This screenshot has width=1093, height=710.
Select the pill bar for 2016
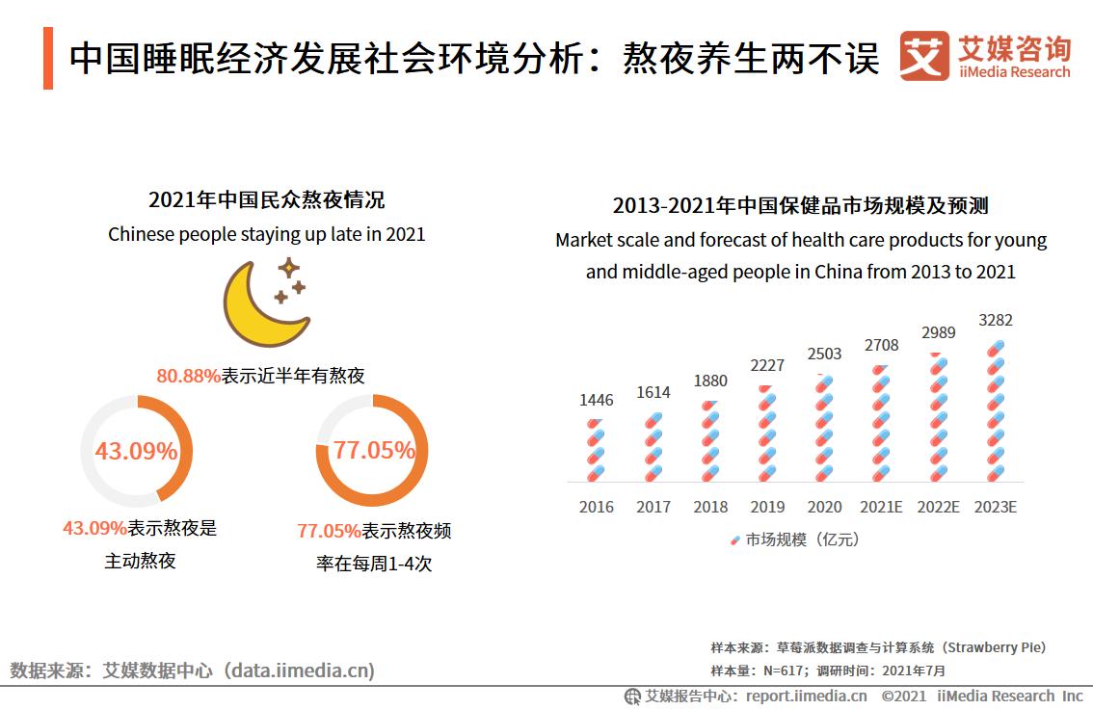coord(596,451)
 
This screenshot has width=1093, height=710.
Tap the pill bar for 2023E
coord(996,411)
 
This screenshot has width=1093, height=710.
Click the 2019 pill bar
coord(767,434)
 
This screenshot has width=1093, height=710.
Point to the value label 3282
coord(996,321)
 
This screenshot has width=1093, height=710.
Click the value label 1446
coord(596,400)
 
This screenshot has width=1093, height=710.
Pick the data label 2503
coord(824,354)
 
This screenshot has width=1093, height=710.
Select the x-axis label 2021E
coord(881,507)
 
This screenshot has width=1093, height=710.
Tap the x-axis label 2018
coord(710,507)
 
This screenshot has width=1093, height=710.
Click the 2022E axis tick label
coord(938,507)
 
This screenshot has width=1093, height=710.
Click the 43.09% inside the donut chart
coord(136,451)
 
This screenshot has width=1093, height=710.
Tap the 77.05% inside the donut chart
coord(374,450)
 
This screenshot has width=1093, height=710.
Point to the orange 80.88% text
coord(189,376)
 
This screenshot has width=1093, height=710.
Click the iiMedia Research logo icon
coord(923,57)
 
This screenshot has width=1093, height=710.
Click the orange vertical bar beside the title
coord(48,58)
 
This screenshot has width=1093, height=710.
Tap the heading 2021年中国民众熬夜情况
coord(266,200)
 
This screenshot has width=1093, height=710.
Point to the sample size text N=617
coord(786,671)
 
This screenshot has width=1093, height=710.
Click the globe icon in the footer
coord(632,697)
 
